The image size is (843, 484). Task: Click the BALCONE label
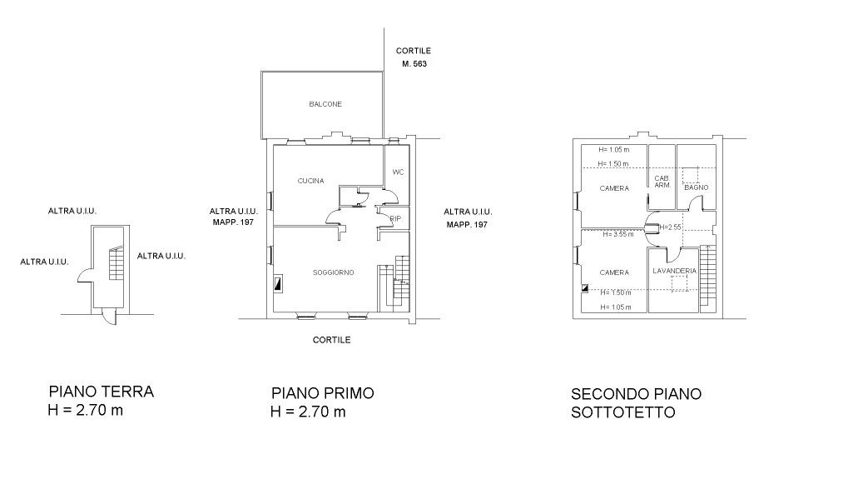pos(325,104)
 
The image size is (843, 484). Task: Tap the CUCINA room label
pos(310,181)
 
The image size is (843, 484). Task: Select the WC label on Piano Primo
pos(398,172)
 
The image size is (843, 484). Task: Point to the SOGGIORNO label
pos(334,272)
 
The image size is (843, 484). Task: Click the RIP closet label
pos(395,218)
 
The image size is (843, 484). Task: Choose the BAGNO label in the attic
pos(697,187)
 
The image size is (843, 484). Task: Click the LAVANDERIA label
pos(674,271)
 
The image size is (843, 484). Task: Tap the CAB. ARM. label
pos(662,182)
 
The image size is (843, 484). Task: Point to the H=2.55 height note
pos(670,227)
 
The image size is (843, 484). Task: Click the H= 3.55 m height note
pos(617,234)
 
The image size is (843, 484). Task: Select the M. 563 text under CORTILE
pos(414,63)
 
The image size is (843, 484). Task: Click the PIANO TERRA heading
pos(101,392)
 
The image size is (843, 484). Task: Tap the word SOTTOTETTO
pos(622,412)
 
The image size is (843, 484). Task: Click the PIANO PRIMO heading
pos(323,393)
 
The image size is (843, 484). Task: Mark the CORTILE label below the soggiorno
pos(332,340)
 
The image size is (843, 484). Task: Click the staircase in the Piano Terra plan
pos(117,263)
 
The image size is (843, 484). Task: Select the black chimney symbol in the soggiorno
pos(278,284)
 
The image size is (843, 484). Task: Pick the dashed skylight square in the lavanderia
pos(680,284)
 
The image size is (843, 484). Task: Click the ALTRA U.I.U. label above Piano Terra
pos(72,211)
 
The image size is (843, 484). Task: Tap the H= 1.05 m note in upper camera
pos(613,150)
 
